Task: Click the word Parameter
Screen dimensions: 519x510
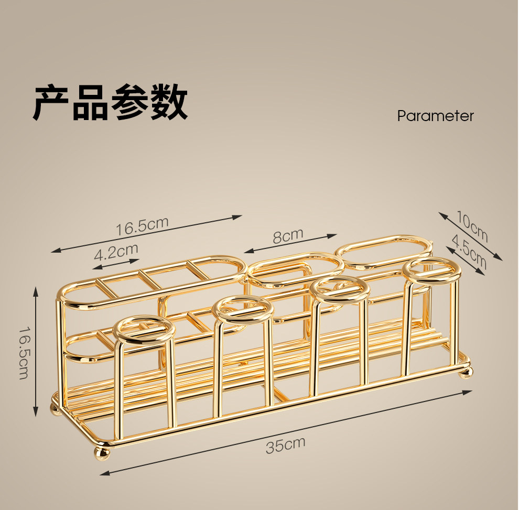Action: click(435, 116)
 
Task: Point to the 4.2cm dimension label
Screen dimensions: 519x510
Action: click(116, 253)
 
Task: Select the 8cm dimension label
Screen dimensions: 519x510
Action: click(288, 235)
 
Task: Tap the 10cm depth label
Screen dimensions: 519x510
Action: click(471, 225)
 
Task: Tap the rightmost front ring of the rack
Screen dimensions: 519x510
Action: click(432, 269)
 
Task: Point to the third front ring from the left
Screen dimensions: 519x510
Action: click(340, 289)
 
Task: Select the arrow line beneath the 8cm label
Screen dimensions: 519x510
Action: click(290, 244)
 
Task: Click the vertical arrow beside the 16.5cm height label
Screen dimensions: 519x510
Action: click(36, 351)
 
